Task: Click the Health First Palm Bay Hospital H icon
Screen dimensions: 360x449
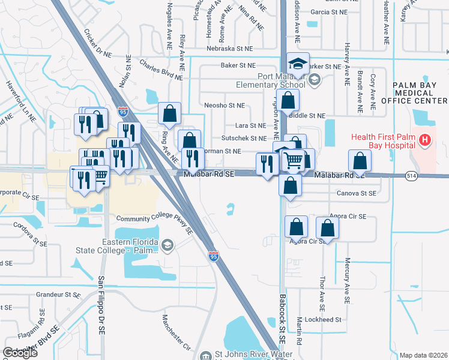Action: pos(425,140)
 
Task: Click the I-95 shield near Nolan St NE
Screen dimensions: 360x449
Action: pos(122,112)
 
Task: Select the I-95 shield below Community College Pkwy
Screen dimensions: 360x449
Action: pos(213,256)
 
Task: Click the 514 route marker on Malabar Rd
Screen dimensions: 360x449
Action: pos(411,175)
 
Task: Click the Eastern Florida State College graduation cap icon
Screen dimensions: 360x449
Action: pos(167,245)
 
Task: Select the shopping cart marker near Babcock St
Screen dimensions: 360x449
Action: pos(294,160)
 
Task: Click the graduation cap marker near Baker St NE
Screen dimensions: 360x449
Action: pos(298,62)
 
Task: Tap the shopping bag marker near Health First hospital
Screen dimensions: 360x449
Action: pos(359,161)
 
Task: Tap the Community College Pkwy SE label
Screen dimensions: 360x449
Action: pos(154,224)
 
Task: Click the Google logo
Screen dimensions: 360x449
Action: pos(20,353)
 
